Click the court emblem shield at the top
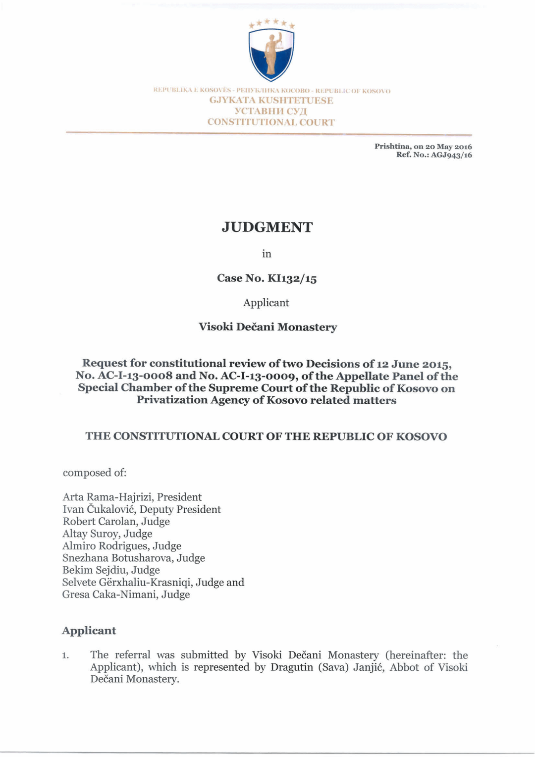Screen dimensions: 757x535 pyautogui.click(x=271, y=54)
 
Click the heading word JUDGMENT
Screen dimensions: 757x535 pyautogui.click(x=267, y=227)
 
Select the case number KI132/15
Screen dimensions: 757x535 pyautogui.click(x=292, y=278)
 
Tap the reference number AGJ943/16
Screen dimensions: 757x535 pyautogui.click(x=451, y=155)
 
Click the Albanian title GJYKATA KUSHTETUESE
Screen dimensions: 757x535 pyautogui.click(x=271, y=101)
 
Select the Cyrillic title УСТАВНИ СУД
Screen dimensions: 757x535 pyautogui.click(x=271, y=111)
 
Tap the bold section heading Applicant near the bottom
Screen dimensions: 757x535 pyautogui.click(x=89, y=631)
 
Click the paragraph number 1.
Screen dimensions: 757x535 pyautogui.click(x=65, y=656)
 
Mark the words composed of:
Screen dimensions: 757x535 pyautogui.click(x=95, y=473)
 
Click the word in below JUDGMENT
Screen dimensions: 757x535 pyautogui.click(x=267, y=254)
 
